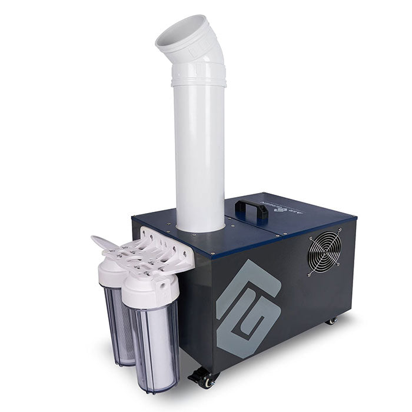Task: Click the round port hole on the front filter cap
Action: pos(160,285)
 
